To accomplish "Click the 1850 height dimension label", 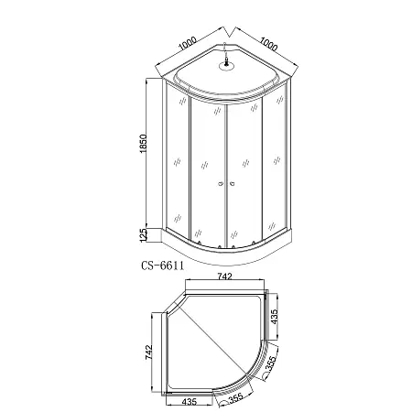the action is [143, 144].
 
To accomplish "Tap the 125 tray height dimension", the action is [143, 235].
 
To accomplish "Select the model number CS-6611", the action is [162, 266].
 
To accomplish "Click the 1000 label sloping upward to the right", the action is [187, 43].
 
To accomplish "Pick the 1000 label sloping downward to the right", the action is [269, 44].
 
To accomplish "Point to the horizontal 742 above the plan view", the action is [224, 276].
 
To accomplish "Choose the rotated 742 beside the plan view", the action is [148, 352].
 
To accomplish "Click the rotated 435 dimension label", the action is [275, 317].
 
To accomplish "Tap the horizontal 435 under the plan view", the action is [190, 402].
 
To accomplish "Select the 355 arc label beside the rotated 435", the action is [270, 363].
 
